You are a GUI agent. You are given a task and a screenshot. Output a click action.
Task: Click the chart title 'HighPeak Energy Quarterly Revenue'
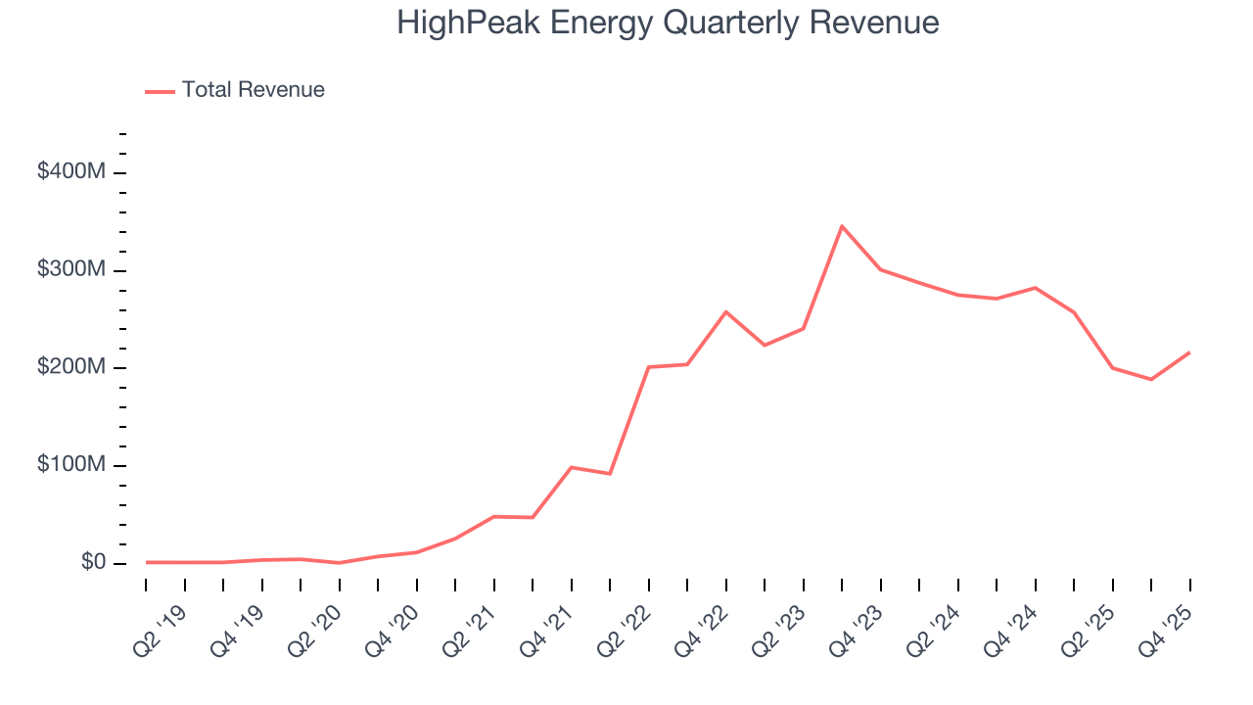tap(668, 23)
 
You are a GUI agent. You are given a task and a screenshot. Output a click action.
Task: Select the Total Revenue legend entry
tap(235, 90)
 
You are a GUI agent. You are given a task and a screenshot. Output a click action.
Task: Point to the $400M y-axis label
tap(71, 172)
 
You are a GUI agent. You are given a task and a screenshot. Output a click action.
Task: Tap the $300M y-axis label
tap(71, 270)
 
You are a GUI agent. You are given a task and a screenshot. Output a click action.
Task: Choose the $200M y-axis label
tap(71, 367)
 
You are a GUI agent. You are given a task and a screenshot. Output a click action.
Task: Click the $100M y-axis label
tap(71, 465)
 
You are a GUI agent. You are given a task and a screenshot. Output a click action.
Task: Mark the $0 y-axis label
tap(94, 563)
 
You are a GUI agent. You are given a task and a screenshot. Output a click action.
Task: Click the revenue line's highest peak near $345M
tap(842, 226)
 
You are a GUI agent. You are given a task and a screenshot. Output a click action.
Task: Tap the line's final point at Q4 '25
tap(1190, 352)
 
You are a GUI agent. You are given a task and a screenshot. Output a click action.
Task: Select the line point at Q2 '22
tap(649, 367)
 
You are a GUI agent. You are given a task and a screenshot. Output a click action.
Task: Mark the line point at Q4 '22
tap(726, 311)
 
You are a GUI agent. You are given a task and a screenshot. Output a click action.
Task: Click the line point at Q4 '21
tap(572, 467)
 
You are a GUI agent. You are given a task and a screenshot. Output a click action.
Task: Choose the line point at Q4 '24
tap(1036, 288)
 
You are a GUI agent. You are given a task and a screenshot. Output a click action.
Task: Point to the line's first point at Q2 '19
tap(147, 562)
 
